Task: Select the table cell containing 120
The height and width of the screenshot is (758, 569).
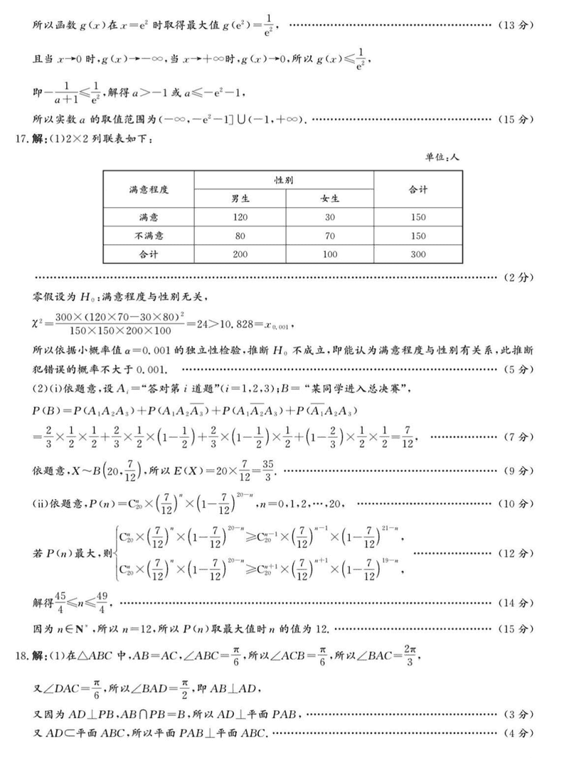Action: pos(240,216)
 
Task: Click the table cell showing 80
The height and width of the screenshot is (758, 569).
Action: pos(240,236)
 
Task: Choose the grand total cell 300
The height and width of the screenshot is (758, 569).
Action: pos(418,254)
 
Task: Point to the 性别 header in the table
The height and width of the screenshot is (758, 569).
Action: pos(284,180)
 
